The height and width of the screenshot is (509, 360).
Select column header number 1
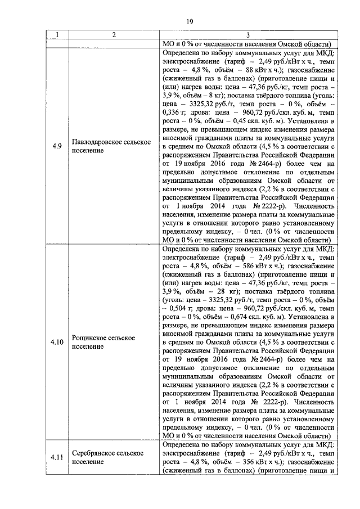[56, 35]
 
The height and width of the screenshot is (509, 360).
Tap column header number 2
[113, 35]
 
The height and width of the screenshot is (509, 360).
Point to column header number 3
[248, 35]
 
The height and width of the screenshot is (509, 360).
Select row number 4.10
[56, 341]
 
